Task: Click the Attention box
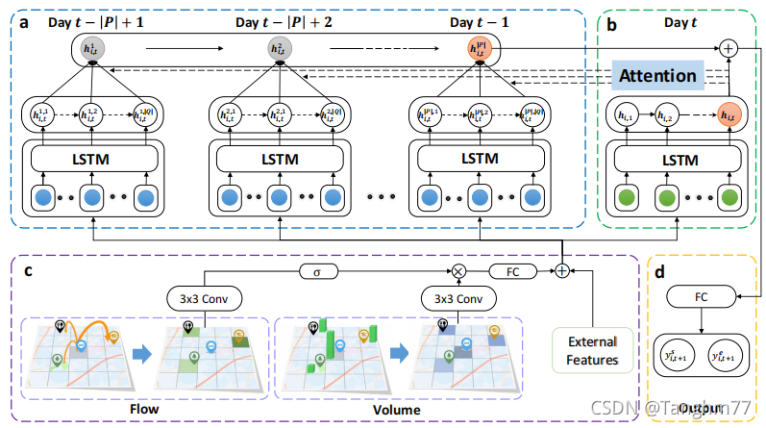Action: click(658, 74)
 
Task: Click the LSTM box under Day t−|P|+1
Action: click(92, 158)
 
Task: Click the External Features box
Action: click(592, 351)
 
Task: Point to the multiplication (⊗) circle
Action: click(457, 271)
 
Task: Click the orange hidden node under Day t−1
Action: click(478, 49)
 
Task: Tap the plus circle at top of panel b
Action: click(729, 45)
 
